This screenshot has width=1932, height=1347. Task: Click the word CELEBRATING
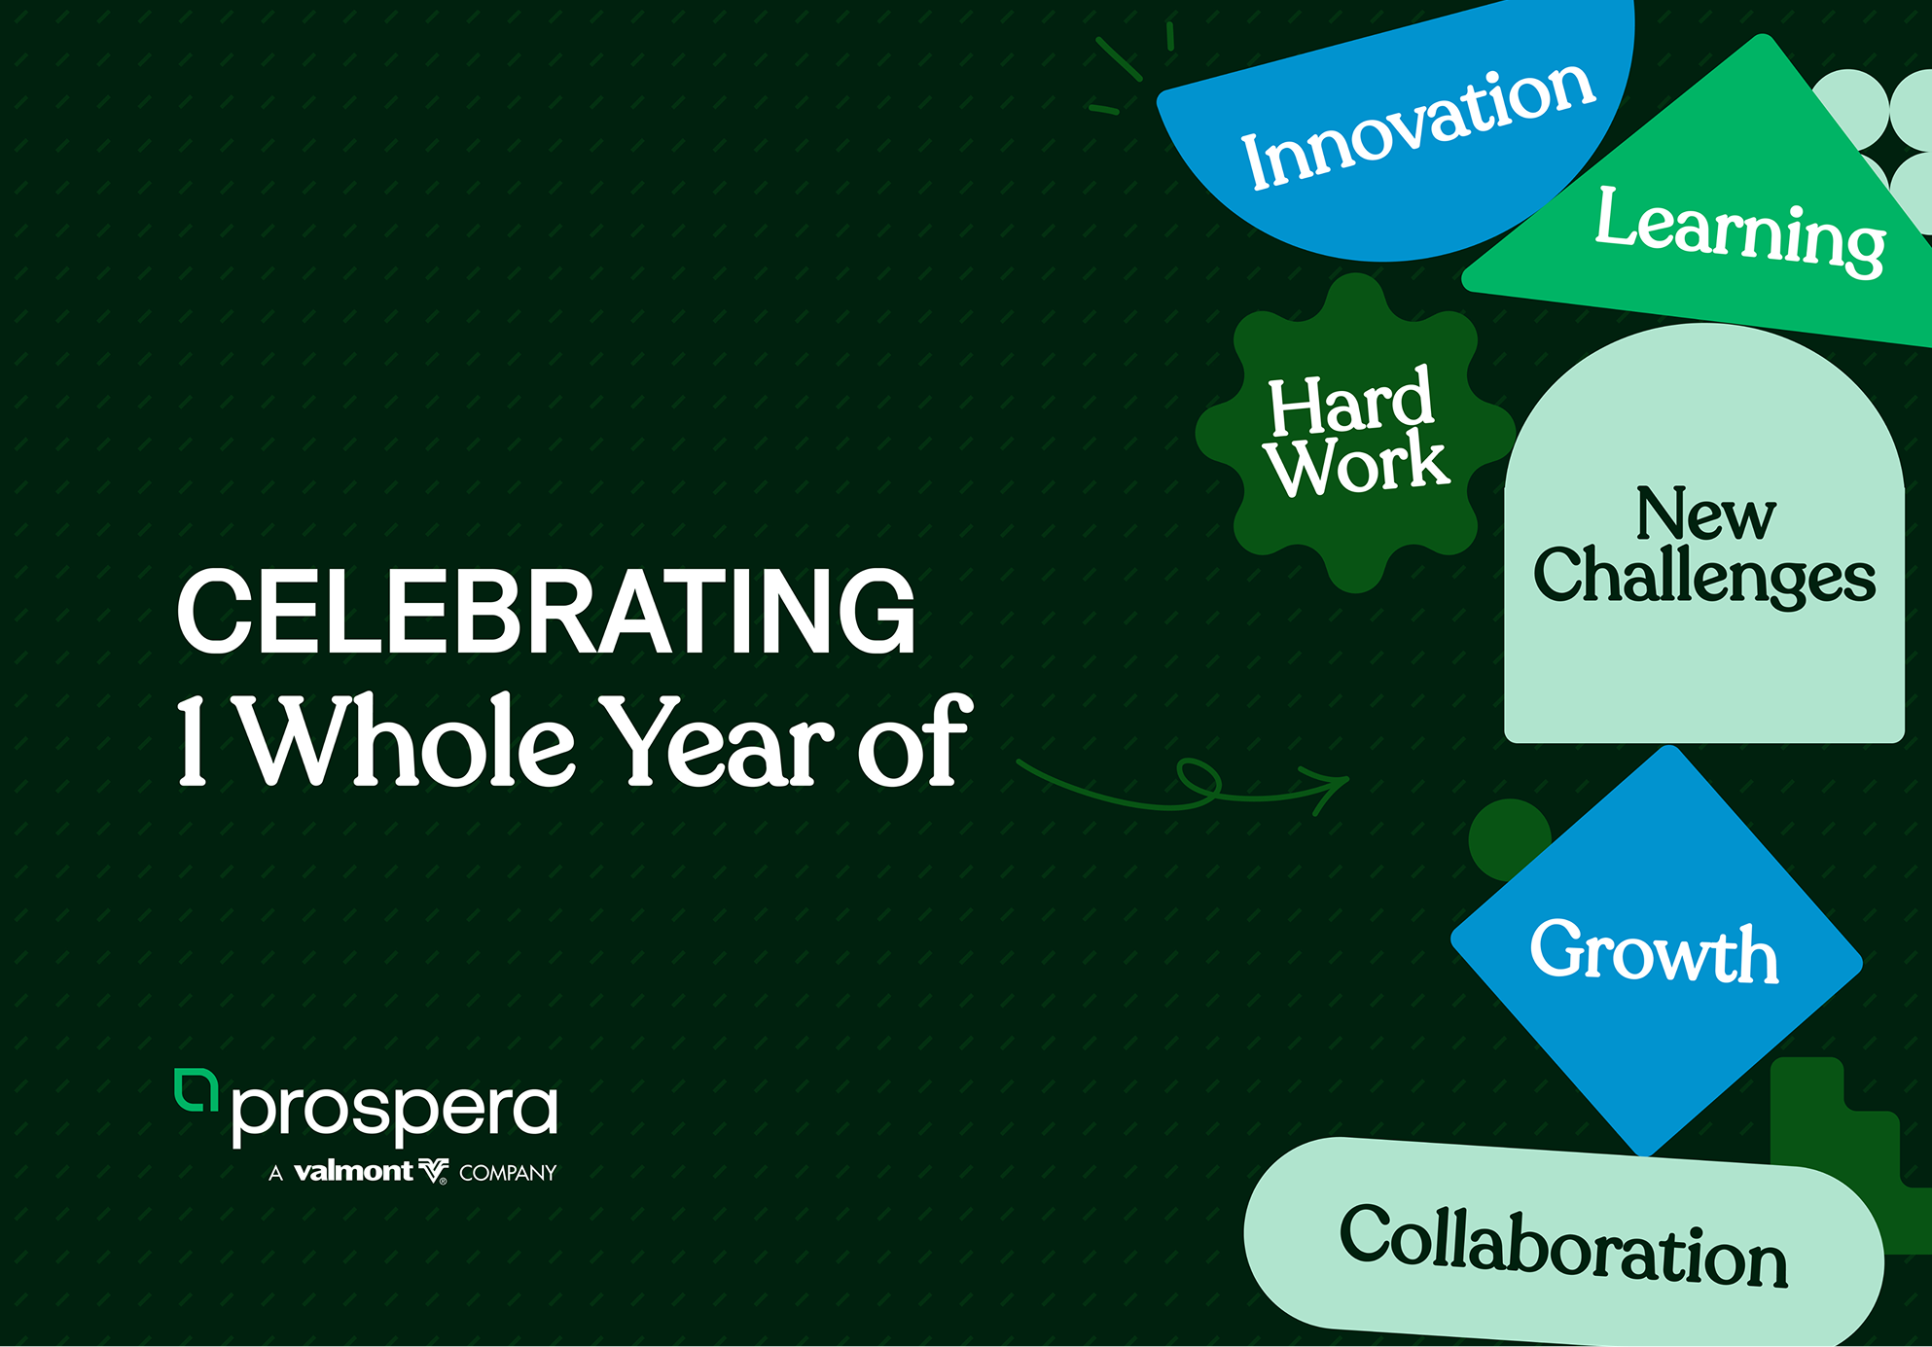[x=546, y=612]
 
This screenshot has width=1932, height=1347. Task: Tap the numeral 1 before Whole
[x=193, y=740]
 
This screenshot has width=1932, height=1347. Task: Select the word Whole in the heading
[x=408, y=740]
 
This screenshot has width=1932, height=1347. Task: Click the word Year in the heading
[x=718, y=741]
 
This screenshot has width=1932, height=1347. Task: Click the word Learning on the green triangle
[x=1740, y=231]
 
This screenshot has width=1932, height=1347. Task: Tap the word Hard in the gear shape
[x=1350, y=401]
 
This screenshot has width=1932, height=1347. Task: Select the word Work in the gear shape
[x=1357, y=465]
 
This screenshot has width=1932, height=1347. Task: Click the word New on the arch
[x=1705, y=513]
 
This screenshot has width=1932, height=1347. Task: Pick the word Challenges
[x=1704, y=576]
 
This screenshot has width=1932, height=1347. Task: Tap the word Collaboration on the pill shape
[x=1563, y=1246]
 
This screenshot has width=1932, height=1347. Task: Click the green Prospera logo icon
[x=196, y=1089]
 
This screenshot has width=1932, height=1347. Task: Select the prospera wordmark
[x=395, y=1113]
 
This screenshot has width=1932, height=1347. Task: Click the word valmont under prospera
[x=353, y=1171]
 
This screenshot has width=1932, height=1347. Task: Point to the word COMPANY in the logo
[x=508, y=1173]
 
